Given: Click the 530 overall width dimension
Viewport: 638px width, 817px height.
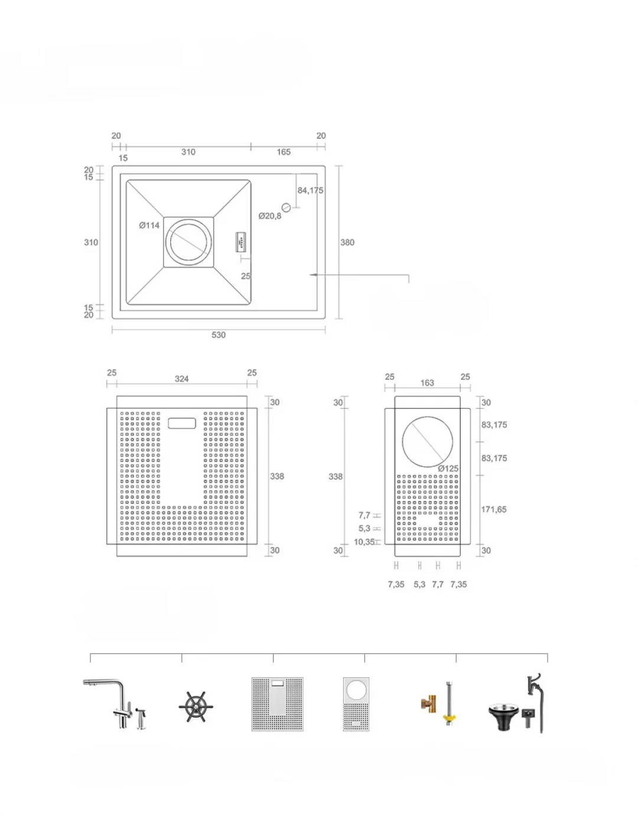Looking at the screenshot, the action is point(219,335).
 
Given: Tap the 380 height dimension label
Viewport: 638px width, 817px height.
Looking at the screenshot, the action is point(347,243).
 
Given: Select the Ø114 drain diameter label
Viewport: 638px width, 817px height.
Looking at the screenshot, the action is point(149,225).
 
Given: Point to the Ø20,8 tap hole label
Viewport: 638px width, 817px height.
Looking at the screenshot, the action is point(270,216).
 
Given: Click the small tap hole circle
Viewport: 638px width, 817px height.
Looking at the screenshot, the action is point(286,207).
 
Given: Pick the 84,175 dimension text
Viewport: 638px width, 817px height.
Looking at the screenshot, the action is point(310,190).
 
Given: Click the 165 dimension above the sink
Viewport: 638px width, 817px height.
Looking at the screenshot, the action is point(284,152).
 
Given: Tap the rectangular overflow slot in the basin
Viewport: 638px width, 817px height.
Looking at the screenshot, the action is point(240,242).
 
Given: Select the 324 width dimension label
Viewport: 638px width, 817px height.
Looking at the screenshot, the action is point(181,379).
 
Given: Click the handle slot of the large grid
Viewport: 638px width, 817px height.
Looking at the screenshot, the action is point(181,424).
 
